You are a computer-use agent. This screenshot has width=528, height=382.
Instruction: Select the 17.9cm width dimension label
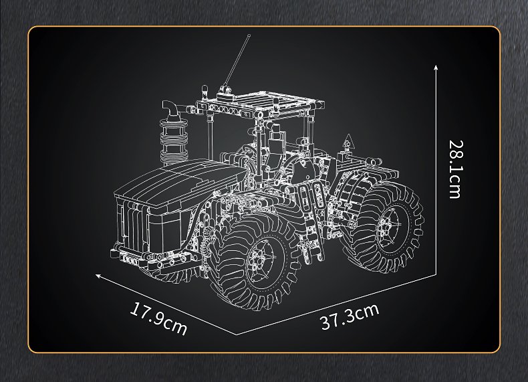click(158, 318)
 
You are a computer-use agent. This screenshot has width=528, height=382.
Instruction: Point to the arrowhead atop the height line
click(436, 67)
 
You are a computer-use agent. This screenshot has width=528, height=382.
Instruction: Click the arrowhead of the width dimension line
click(98, 276)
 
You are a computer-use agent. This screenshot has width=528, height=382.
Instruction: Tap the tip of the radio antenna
click(249, 35)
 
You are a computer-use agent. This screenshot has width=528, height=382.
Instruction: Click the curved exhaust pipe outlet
click(172, 108)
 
